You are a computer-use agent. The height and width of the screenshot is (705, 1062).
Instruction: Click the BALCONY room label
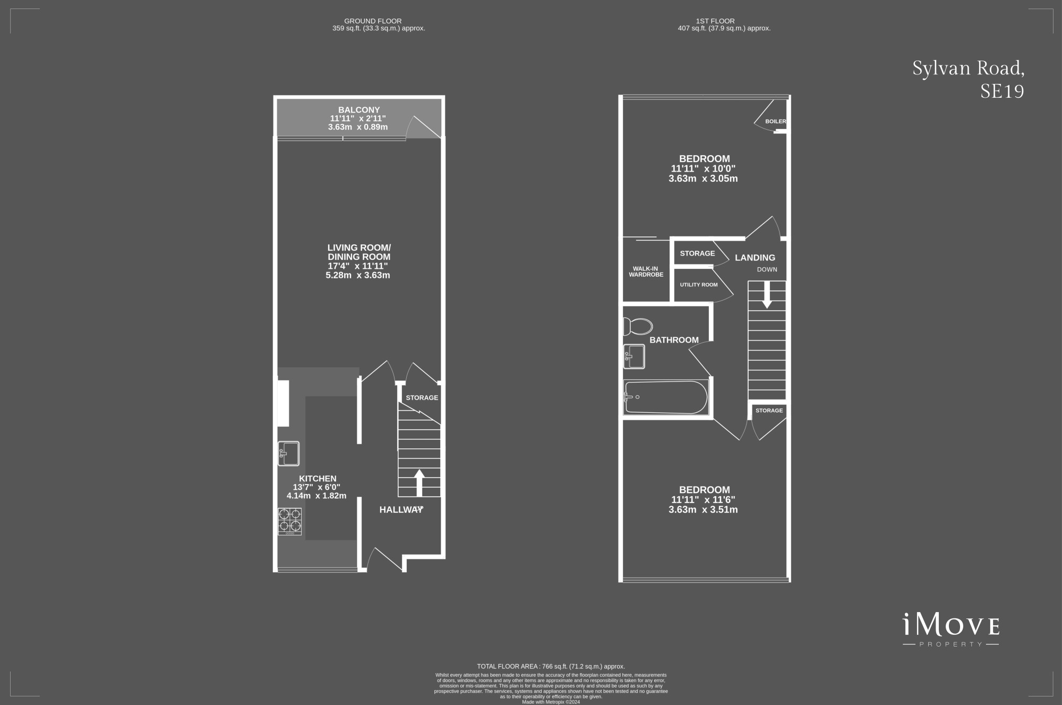tap(359, 110)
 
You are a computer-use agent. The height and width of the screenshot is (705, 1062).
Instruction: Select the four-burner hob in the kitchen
tap(290, 521)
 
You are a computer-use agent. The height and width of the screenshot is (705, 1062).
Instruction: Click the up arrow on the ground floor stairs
tap(419, 482)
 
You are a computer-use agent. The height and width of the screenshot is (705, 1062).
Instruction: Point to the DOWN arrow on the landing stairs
tap(767, 294)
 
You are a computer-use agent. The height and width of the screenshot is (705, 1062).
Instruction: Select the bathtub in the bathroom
tap(666, 397)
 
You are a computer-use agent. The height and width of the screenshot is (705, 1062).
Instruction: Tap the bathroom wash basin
tap(634, 356)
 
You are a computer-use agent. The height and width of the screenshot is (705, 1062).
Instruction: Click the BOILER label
tap(775, 122)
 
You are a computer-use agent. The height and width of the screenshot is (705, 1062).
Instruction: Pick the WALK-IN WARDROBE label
tap(646, 272)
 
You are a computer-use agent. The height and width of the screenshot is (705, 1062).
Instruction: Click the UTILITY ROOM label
tap(698, 285)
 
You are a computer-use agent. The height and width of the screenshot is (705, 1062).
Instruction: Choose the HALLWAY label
tap(401, 510)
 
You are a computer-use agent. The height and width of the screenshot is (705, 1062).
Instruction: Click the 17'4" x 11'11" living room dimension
tap(358, 266)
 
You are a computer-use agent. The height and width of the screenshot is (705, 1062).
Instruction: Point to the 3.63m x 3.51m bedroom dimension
tap(703, 510)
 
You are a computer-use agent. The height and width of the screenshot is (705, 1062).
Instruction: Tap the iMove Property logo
tap(950, 630)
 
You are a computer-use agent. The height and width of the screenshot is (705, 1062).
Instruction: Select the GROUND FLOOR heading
tap(372, 21)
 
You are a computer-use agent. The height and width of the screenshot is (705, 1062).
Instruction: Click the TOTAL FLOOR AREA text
tap(551, 666)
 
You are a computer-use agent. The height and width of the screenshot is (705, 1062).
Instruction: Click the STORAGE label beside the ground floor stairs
tap(422, 398)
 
